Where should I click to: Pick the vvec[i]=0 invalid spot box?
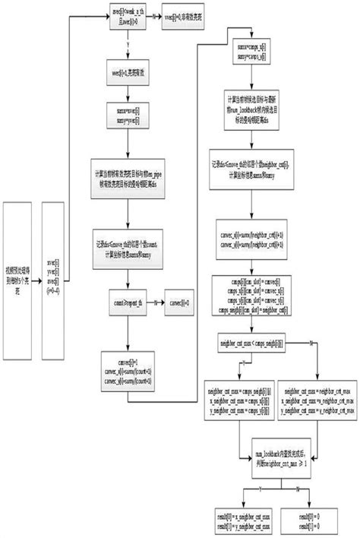pyautogui.click(x=185, y=18)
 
